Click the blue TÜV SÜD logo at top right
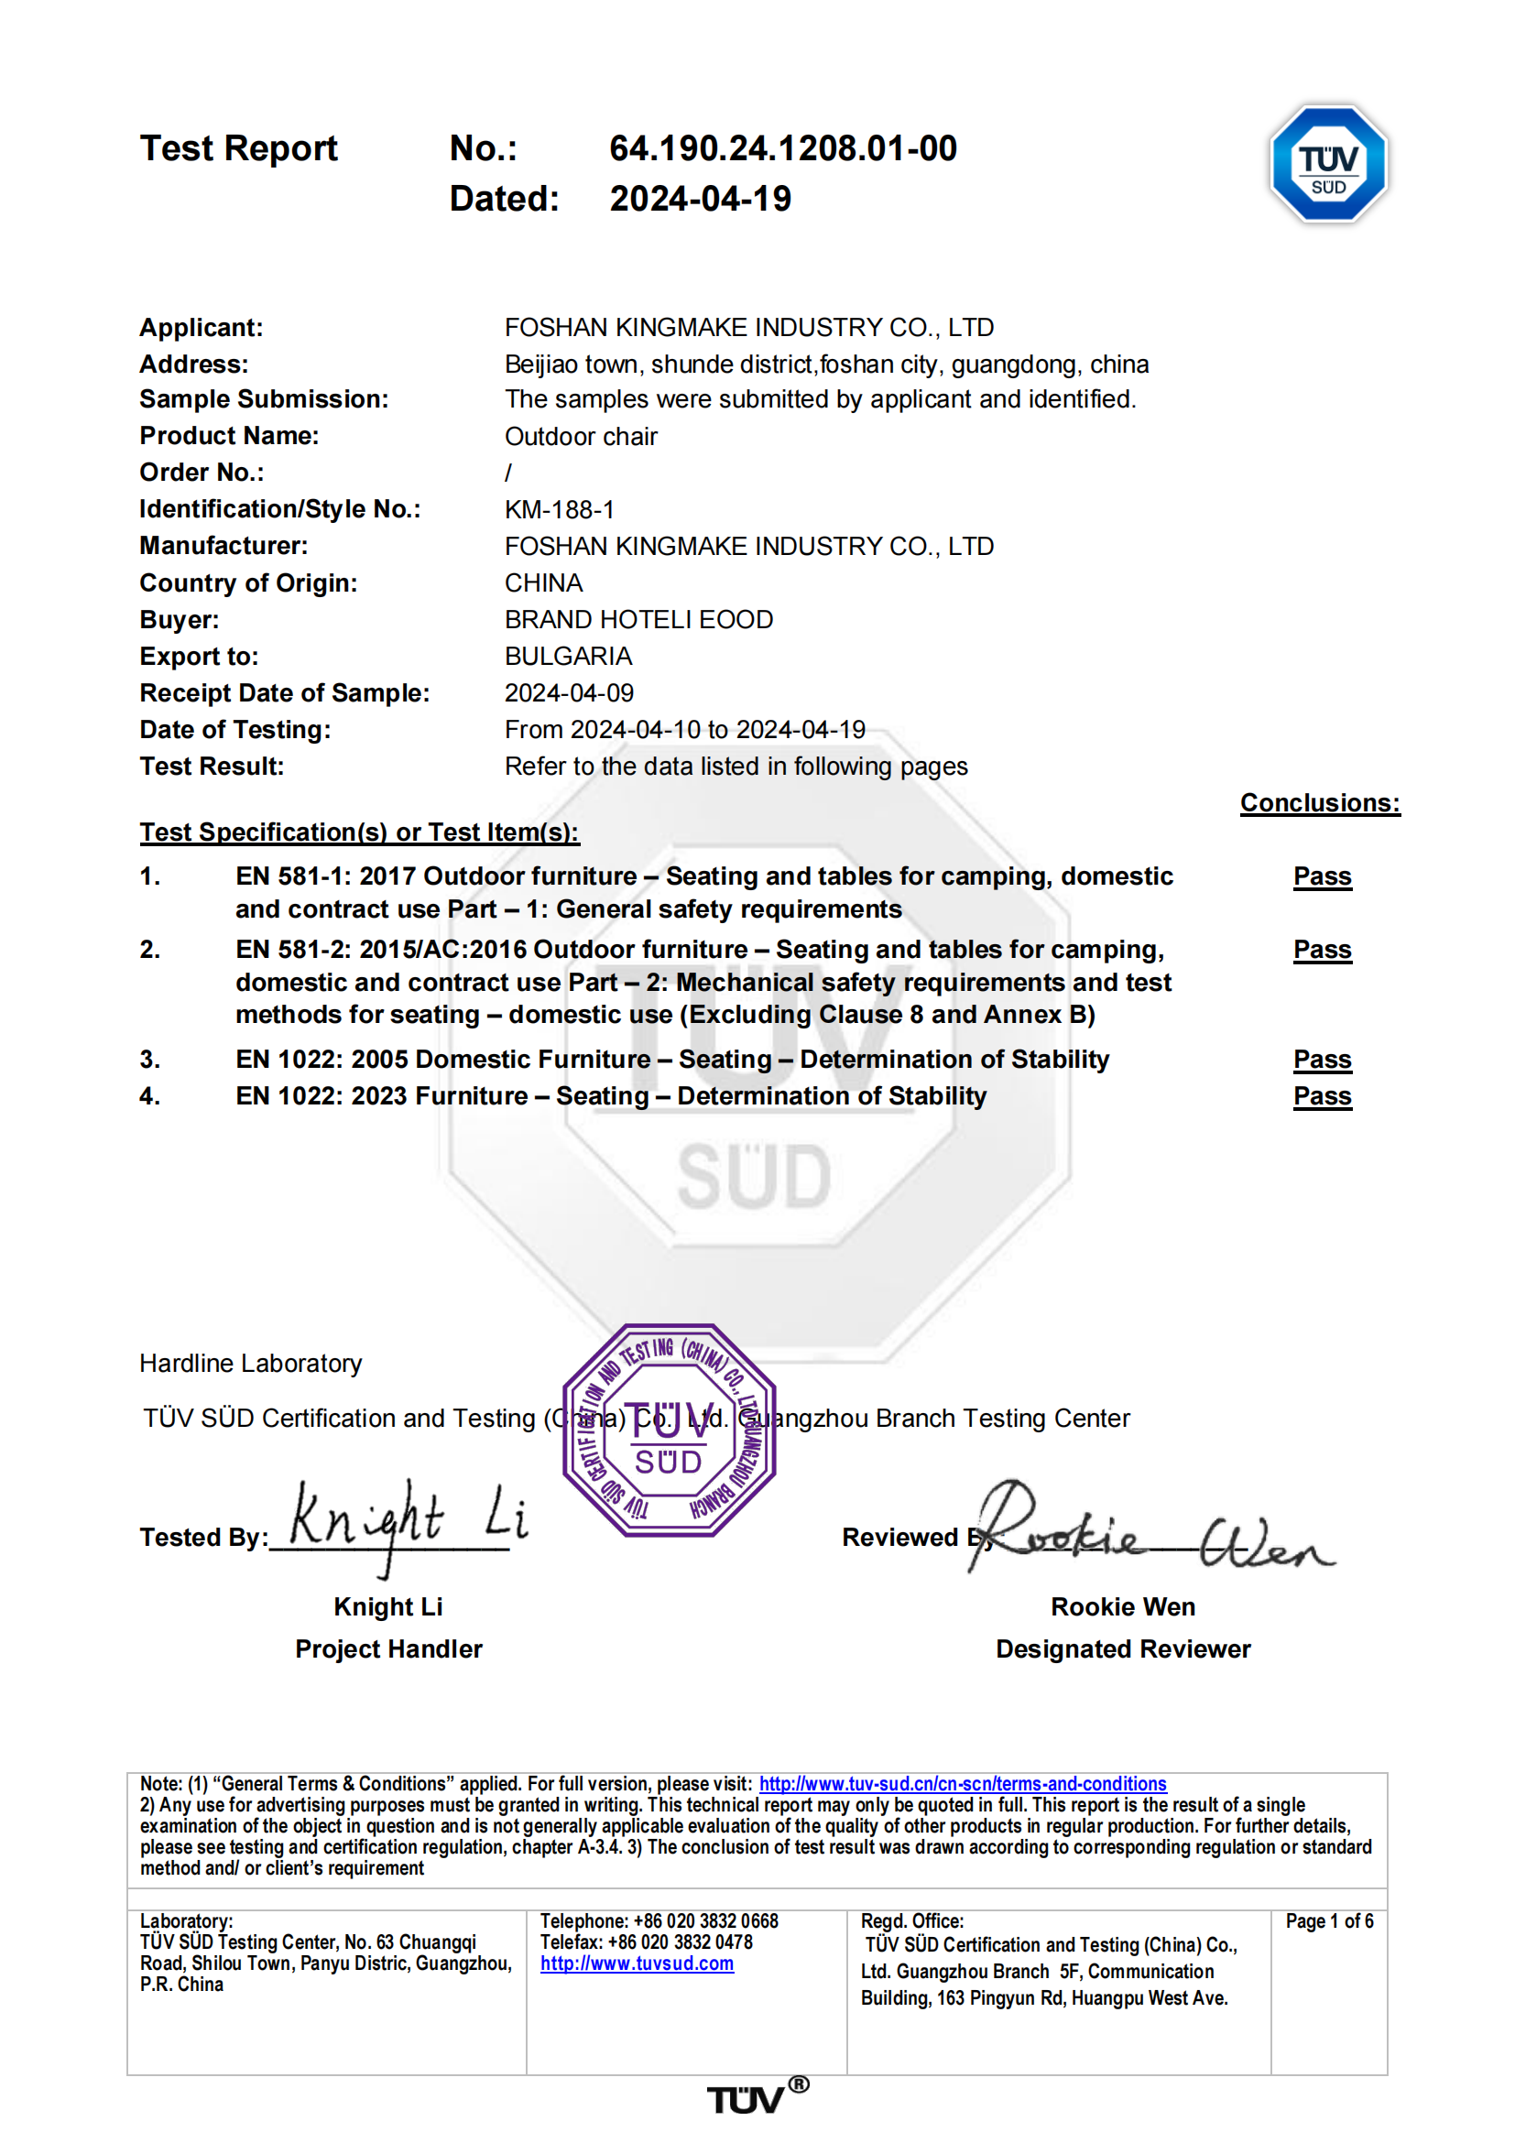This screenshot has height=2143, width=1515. (1327, 163)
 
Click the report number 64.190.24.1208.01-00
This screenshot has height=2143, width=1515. (782, 148)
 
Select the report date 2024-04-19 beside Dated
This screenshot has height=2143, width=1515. (700, 199)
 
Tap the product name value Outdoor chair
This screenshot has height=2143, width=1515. (581, 437)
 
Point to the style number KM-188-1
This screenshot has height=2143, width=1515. (559, 509)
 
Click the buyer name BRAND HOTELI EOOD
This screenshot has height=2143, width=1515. (638, 620)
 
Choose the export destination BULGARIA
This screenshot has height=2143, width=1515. (569, 656)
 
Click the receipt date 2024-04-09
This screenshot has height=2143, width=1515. (569, 692)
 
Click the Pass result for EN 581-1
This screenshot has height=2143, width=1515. (1322, 876)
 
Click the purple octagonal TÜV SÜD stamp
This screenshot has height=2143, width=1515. (669, 1429)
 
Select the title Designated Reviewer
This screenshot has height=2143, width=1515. (1122, 1649)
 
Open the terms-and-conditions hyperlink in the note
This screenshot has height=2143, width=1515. (962, 1784)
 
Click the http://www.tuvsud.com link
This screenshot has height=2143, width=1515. (637, 1964)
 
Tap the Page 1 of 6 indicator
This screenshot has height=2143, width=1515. (1328, 1920)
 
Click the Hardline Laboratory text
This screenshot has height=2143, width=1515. (250, 1364)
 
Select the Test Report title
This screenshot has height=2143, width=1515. (238, 148)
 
